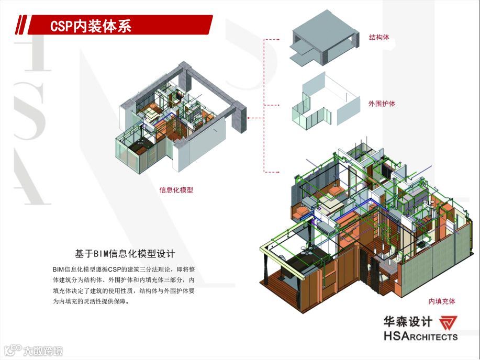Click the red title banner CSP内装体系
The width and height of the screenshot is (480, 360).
click(120, 25)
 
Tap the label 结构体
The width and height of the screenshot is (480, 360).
click(379, 38)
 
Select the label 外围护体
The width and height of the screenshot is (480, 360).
click(382, 104)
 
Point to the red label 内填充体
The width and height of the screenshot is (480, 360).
click(442, 301)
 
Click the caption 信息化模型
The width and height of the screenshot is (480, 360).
click(176, 190)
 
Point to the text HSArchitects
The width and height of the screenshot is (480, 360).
click(420, 336)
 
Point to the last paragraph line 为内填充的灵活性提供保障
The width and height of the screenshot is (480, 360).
click(90, 302)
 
